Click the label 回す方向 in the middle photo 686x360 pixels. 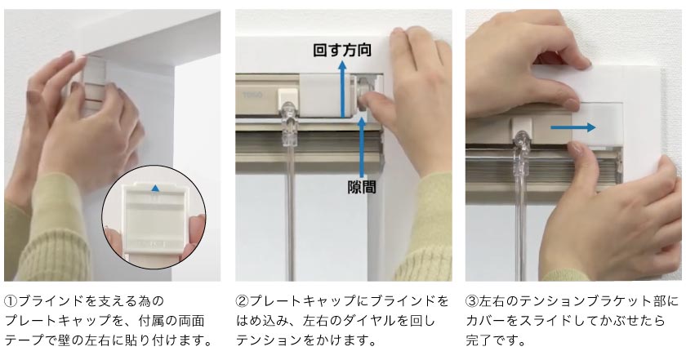pos(343,51)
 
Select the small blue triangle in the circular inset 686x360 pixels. pos(155,187)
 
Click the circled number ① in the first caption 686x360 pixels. pos(10,301)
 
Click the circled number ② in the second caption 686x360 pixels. pos(241,301)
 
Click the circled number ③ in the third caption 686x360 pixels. pos(471,301)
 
